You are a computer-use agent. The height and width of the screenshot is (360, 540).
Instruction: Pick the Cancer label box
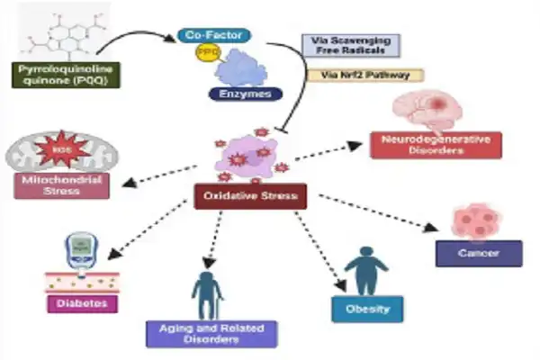479,254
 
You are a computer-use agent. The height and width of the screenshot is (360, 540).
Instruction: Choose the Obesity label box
366,309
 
